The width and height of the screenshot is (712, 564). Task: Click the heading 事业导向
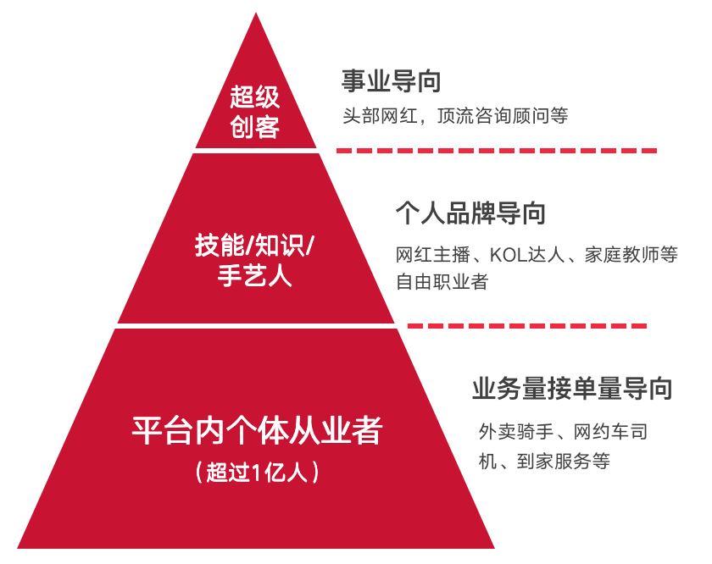[x=391, y=81]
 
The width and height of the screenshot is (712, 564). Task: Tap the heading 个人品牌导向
[x=470, y=213]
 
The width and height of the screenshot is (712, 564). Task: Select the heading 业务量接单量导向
[x=572, y=389]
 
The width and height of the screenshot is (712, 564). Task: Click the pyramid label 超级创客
[x=254, y=112]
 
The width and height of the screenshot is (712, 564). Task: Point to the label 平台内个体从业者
[x=257, y=430]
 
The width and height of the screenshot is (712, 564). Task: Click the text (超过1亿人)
[x=257, y=473]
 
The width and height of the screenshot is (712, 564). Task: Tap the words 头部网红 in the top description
[x=380, y=116]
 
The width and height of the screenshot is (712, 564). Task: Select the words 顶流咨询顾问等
[x=503, y=116]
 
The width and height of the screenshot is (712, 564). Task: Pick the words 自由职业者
[x=442, y=282]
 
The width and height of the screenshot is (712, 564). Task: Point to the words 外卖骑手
[x=516, y=432]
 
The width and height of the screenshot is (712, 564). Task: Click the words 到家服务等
[x=564, y=461]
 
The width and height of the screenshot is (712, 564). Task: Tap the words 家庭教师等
[x=631, y=255]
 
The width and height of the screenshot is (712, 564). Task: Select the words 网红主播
[x=433, y=255]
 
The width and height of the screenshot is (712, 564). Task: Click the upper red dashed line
[x=497, y=150]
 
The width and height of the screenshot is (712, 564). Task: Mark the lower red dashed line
[x=527, y=326]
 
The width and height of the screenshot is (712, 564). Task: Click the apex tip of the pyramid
[x=256, y=14]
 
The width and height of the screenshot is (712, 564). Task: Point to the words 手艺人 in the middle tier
[x=254, y=275]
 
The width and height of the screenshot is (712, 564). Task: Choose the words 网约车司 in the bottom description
[x=610, y=432]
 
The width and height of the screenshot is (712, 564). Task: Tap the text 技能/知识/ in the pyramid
[x=254, y=246]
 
